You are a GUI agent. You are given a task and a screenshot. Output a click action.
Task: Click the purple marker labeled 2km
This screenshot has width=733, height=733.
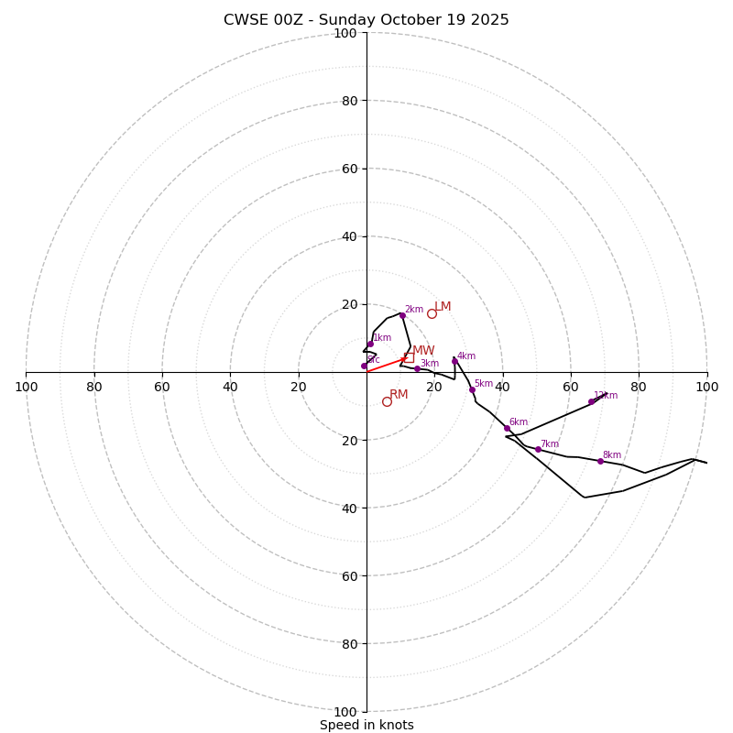click(x=401, y=315)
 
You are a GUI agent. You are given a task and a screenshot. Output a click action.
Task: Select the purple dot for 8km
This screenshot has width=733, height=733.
click(x=600, y=461)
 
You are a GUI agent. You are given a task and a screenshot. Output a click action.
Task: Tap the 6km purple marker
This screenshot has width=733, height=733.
click(x=507, y=428)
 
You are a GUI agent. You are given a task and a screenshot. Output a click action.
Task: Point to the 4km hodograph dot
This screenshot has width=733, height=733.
click(x=454, y=361)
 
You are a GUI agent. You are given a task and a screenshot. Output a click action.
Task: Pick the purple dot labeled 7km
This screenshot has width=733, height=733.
click(x=538, y=449)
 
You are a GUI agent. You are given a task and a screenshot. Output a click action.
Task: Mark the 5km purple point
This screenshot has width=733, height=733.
click(x=472, y=389)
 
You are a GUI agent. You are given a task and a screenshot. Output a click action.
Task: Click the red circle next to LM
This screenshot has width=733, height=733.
click(x=432, y=313)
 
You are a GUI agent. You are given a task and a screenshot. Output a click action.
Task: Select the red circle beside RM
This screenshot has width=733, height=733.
click(x=387, y=401)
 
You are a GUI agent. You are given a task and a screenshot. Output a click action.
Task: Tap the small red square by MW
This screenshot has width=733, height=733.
click(x=409, y=356)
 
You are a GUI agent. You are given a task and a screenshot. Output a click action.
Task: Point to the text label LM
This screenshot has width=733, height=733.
click(x=443, y=307)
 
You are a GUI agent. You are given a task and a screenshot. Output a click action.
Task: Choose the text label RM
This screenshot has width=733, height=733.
click(x=399, y=395)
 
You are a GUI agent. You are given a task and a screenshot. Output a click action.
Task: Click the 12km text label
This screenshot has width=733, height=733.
click(x=606, y=396)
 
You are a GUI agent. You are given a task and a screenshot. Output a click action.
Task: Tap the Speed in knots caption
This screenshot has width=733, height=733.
click(x=366, y=725)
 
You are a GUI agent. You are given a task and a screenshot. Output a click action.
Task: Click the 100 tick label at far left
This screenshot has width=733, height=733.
click(x=26, y=387)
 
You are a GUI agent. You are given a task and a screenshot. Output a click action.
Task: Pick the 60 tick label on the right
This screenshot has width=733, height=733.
click(x=571, y=387)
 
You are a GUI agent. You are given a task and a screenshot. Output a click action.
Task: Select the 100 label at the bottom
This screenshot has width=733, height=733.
click(x=345, y=712)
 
